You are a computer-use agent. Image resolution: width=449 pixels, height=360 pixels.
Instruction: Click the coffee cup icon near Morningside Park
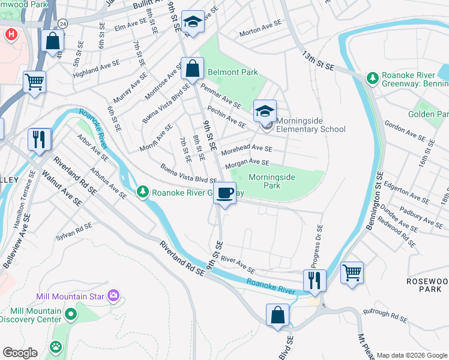click(225, 193)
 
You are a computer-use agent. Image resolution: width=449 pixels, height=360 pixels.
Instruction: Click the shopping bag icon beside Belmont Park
click(192, 68)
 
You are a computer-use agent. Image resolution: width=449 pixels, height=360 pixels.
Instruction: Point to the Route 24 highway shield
click(62, 23)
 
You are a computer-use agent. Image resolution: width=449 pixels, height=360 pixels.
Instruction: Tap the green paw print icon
click(56, 346)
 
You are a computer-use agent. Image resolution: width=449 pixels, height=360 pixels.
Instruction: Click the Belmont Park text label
click(233, 72)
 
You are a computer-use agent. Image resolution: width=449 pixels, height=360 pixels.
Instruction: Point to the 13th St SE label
click(318, 59)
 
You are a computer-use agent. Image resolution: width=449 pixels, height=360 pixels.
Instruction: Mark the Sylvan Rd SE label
click(75, 229)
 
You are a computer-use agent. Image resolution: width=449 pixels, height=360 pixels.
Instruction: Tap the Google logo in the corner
click(20, 353)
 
